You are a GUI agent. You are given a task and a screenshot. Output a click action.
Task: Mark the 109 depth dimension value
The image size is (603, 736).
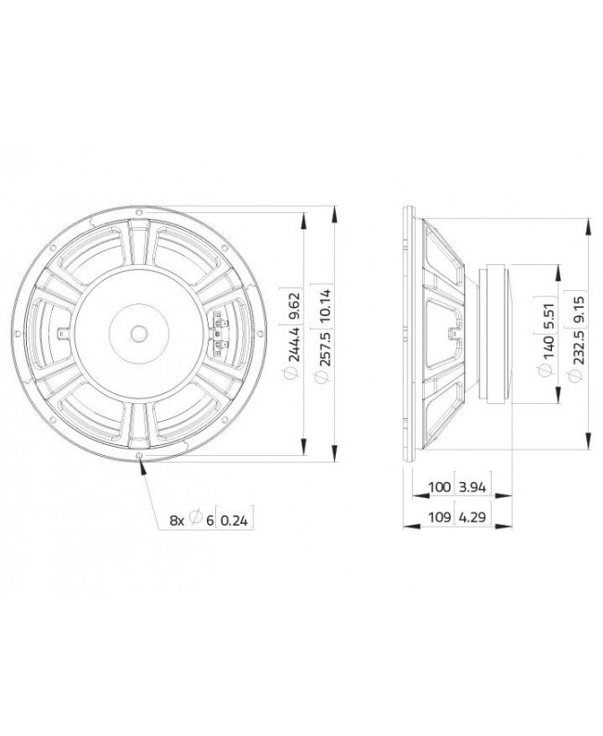[440, 517]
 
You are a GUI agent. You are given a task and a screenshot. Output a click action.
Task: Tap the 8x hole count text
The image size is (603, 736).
[176, 521]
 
